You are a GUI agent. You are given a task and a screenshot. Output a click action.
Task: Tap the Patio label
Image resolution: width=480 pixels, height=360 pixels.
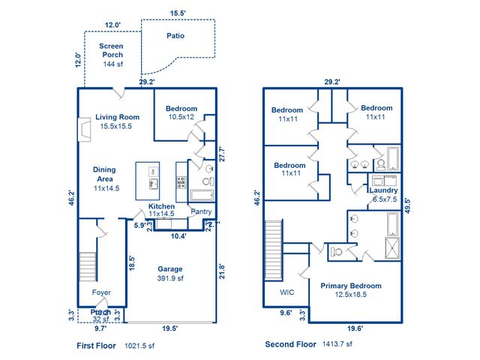[x=175, y=35]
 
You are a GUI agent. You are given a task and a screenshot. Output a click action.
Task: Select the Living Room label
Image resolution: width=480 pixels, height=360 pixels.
[x=118, y=116]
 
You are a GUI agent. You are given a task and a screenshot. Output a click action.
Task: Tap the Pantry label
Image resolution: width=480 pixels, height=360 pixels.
[x=201, y=211]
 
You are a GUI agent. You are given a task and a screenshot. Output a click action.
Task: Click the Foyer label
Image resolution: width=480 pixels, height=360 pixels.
[x=101, y=292]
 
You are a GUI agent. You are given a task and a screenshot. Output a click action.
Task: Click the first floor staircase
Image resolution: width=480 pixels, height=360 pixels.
[x=88, y=266]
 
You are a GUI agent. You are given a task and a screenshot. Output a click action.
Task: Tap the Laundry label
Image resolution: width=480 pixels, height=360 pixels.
[x=384, y=190]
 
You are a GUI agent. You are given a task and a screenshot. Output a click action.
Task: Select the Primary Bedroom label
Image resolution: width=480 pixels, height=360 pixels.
[x=351, y=286]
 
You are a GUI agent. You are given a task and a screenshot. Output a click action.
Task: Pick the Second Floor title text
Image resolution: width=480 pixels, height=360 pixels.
[x=290, y=344]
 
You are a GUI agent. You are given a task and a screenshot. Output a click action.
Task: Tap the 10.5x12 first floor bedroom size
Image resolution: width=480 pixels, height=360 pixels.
[x=181, y=117]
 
